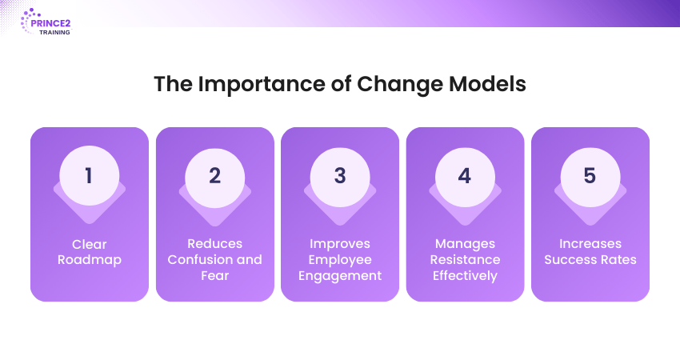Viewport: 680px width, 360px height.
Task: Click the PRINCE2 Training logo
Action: click(x=46, y=22)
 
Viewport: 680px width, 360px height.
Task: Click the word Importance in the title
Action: click(x=262, y=85)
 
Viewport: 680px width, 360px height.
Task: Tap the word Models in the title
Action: click(x=487, y=84)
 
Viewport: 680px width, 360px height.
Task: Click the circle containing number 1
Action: click(x=90, y=176)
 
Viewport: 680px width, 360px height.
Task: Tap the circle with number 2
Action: click(x=214, y=178)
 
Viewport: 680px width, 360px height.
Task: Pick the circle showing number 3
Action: click(x=340, y=178)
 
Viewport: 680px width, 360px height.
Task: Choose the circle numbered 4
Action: click(x=465, y=178)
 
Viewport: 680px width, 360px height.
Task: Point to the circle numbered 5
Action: click(x=590, y=178)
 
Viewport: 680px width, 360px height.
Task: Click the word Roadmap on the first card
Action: click(x=90, y=260)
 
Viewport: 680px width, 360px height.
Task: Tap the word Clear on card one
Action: click(x=90, y=244)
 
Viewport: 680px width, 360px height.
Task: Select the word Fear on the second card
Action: click(x=214, y=275)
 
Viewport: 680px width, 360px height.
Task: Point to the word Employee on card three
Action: click(x=340, y=260)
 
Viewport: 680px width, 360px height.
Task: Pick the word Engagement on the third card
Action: click(x=340, y=276)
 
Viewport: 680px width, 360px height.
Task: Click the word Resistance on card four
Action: click(x=465, y=259)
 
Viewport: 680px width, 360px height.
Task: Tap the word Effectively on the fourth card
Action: click(x=465, y=276)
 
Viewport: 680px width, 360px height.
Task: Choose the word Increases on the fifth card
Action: click(x=590, y=244)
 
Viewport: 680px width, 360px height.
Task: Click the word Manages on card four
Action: click(x=465, y=245)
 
